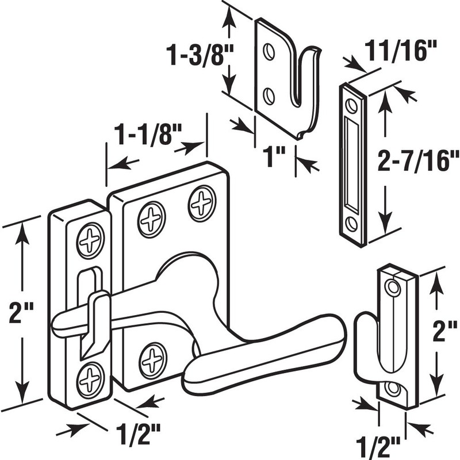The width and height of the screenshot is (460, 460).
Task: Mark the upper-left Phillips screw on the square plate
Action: (x=151, y=219)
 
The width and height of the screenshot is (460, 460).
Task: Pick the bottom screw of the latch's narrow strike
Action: (x=91, y=378)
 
